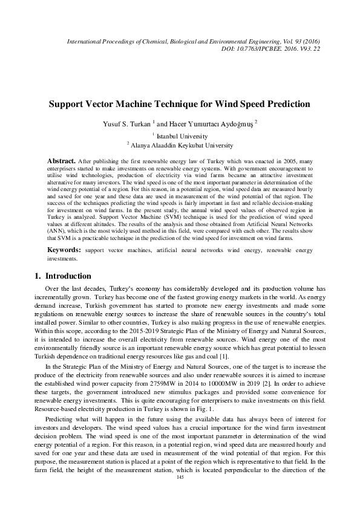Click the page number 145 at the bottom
click(x=180, y=494)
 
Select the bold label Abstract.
click(x=61, y=161)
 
